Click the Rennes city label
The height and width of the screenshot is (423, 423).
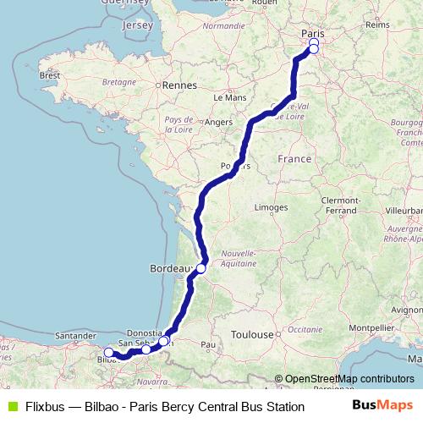[x=179, y=85]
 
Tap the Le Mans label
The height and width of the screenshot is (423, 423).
[x=229, y=97]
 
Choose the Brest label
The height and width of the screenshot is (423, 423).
[x=50, y=75]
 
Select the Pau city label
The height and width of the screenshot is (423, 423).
[x=207, y=345]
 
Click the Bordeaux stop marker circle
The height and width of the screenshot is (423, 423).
[x=201, y=269]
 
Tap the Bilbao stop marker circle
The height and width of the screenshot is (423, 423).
[x=108, y=353]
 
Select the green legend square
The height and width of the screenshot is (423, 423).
[x=11, y=407]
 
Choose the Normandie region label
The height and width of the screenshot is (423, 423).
[x=223, y=26]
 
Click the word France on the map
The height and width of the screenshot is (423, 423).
[x=294, y=159]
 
